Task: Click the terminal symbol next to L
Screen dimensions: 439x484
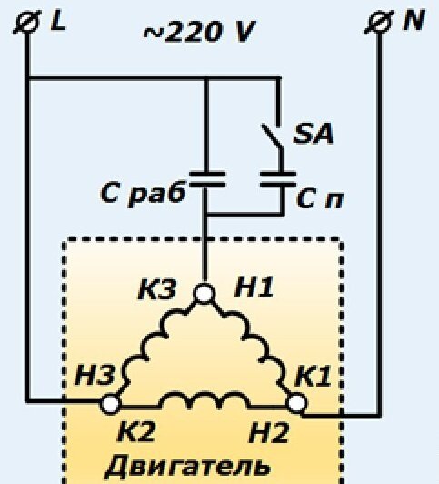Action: (27, 22)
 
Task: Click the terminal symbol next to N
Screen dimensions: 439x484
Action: (379, 22)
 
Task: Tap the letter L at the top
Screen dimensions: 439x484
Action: (58, 22)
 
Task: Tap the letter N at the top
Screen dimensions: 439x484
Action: (414, 20)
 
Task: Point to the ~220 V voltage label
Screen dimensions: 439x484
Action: (199, 32)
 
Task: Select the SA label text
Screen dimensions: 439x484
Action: (314, 134)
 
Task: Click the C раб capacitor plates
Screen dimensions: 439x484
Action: (207, 179)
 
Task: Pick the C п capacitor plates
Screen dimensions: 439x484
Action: (278, 179)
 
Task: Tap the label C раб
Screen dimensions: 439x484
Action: (144, 194)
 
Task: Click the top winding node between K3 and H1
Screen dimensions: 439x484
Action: (204, 293)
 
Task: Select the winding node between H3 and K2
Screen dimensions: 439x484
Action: (110, 404)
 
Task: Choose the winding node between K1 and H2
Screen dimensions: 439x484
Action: (297, 404)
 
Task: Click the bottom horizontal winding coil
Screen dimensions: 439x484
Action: (205, 400)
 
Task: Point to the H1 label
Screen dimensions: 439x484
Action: (254, 287)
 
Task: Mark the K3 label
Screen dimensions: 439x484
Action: (157, 289)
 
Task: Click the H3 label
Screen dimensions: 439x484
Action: (95, 376)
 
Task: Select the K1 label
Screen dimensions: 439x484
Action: (314, 377)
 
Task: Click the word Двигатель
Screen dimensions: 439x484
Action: (187, 466)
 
